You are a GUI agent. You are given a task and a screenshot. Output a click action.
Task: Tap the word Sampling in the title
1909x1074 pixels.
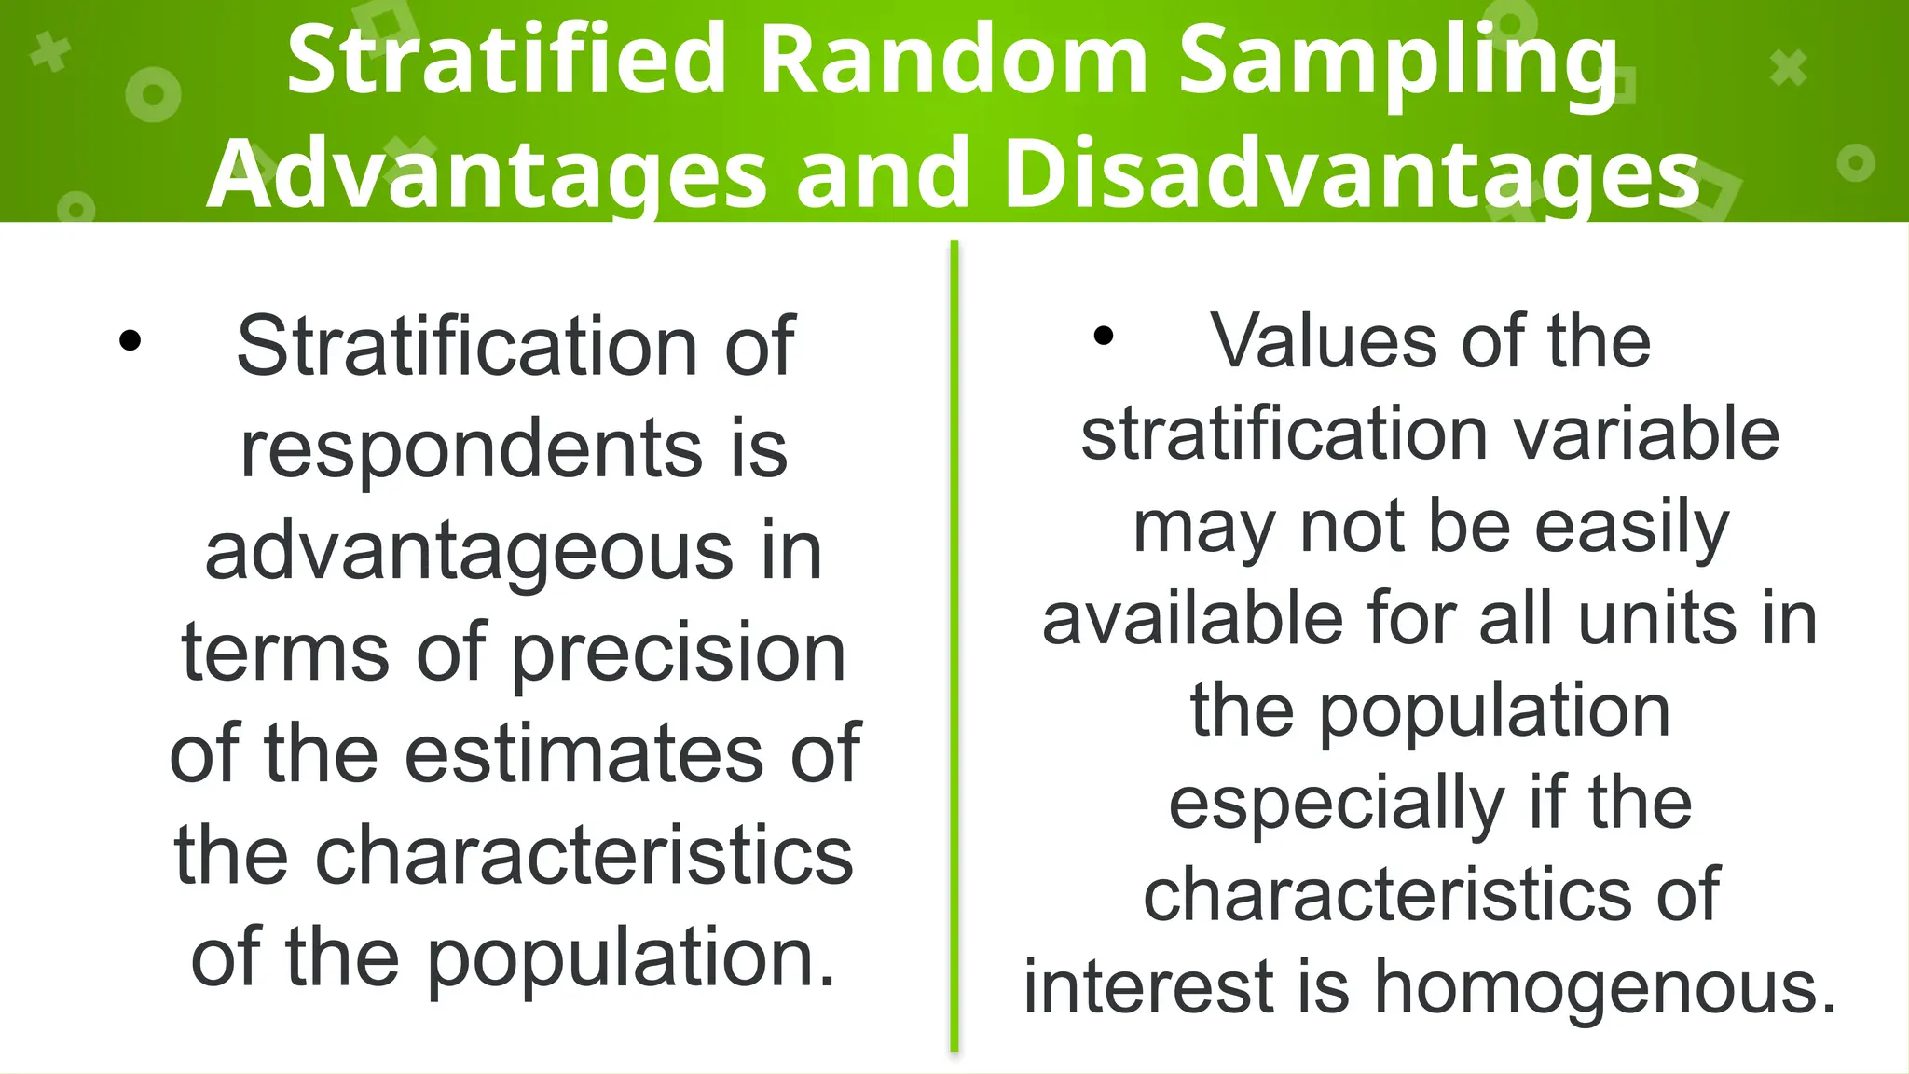[x=1398, y=61]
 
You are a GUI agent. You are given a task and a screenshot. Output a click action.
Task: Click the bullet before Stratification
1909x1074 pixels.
[x=130, y=341]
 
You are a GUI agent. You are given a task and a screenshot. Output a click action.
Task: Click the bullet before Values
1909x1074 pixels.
[x=1104, y=336]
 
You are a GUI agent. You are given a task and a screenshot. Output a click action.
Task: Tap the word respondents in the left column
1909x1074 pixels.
[x=471, y=449]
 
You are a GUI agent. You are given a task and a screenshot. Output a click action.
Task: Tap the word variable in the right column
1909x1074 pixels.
[x=1646, y=435]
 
